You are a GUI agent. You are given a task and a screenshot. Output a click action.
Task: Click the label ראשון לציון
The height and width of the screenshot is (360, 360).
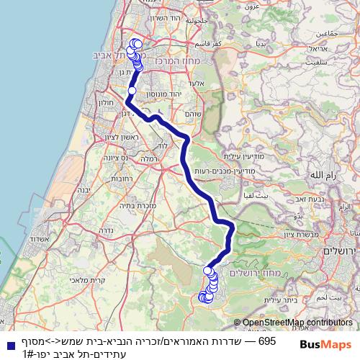[116, 137]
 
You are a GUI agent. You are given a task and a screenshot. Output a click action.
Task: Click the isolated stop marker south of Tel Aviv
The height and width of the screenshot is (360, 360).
[132, 91]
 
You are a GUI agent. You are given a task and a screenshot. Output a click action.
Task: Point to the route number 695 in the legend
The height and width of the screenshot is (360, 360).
[267, 340]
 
